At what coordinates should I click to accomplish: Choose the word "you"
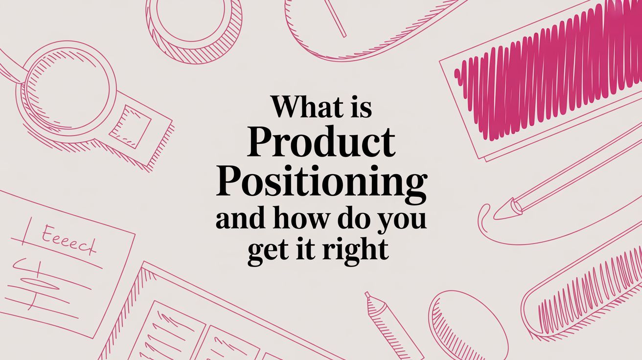400,221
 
